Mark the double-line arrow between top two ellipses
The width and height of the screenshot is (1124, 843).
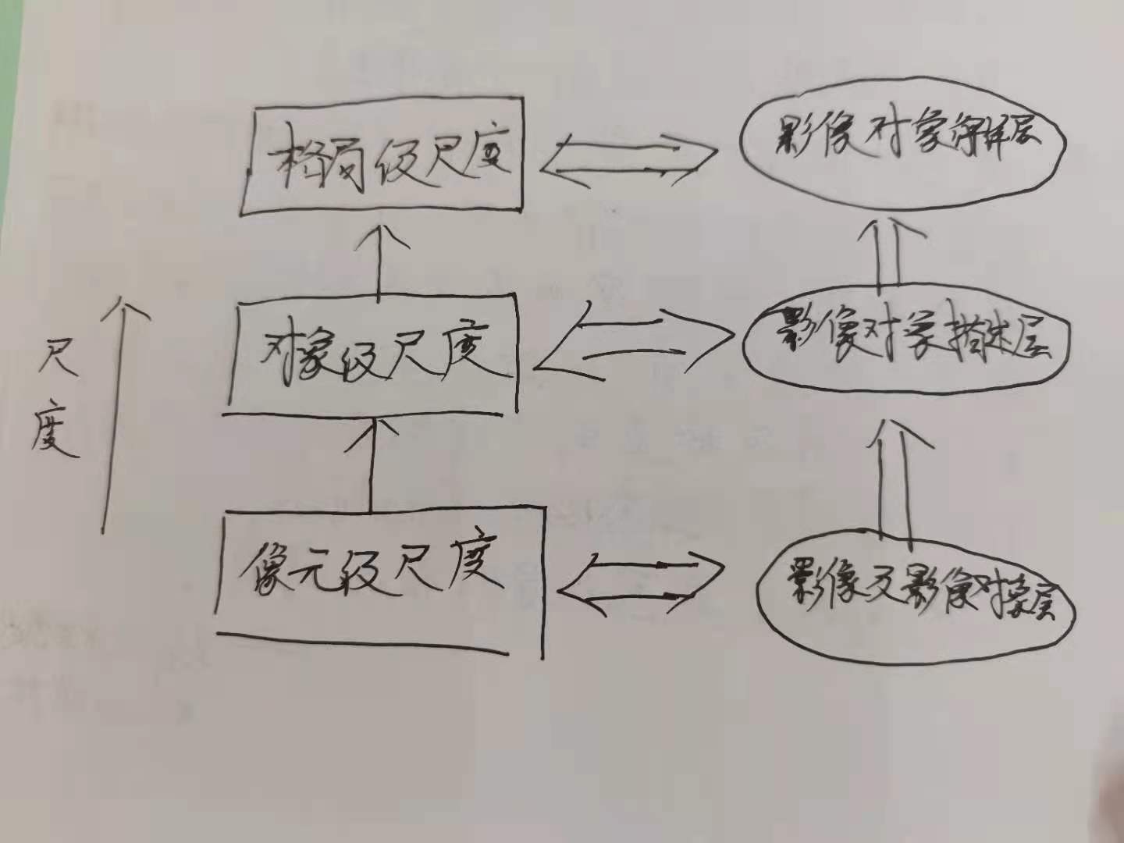coord(887,254)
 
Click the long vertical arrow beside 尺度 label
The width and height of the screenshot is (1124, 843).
coord(109,414)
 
